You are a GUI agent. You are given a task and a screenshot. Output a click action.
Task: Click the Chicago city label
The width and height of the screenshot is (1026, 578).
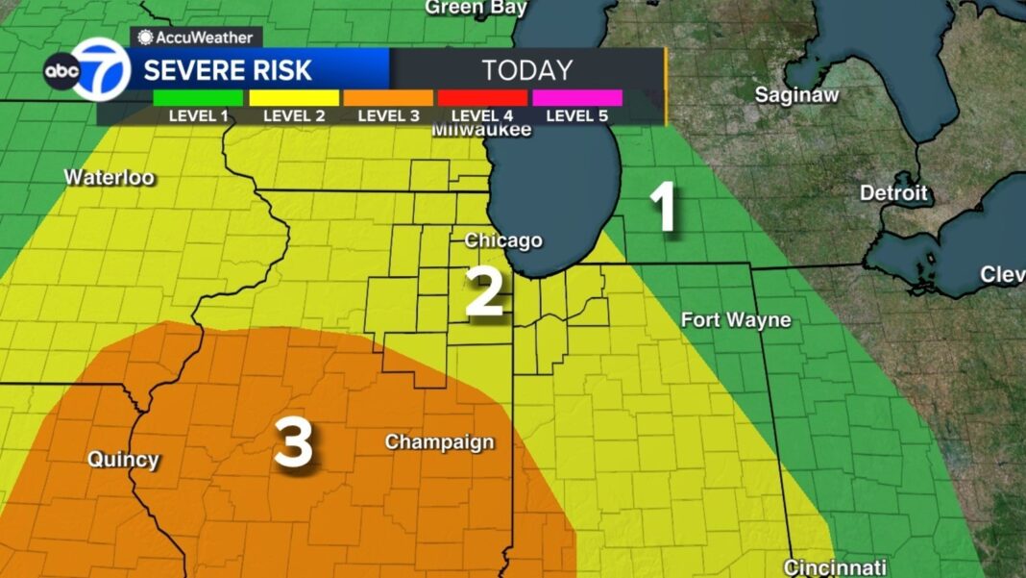coord(503,240)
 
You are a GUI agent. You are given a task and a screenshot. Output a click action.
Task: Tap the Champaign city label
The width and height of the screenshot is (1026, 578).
coord(439,442)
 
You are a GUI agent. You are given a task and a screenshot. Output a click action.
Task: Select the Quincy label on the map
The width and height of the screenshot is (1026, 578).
coord(123,460)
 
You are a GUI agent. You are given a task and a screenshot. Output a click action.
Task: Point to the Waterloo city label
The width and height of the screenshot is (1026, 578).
coord(109,178)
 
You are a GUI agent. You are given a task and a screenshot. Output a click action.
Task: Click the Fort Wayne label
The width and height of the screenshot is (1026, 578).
coord(736,320)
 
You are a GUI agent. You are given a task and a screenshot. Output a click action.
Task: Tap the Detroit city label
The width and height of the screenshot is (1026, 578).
coord(893,193)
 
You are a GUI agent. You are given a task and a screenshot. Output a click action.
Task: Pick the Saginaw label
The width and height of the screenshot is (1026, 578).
coord(796,95)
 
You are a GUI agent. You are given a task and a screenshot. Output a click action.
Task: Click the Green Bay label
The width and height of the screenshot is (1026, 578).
coord(476,8)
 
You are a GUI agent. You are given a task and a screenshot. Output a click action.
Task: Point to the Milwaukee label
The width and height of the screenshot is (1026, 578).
coord(481,130)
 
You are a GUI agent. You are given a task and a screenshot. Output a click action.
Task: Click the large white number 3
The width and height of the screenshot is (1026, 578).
coord(293,443)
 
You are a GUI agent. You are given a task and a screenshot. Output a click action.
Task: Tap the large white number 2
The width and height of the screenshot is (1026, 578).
coord(485,293)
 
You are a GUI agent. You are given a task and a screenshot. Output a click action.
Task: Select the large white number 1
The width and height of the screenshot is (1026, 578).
coord(664,207)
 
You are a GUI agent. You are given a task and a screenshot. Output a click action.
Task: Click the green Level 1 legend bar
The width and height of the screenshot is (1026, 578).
coord(198,98)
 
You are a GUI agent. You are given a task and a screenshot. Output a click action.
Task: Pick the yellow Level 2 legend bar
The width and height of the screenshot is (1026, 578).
coord(293,98)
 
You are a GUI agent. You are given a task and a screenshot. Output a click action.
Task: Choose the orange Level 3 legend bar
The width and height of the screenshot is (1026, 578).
coord(387,98)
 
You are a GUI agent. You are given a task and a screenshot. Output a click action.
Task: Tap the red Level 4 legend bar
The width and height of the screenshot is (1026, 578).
coord(482,98)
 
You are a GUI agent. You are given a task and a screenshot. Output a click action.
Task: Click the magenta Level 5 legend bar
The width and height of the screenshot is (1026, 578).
coord(576,98)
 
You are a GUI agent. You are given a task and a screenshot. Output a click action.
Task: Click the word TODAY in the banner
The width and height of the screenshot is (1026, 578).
coord(527,70)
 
